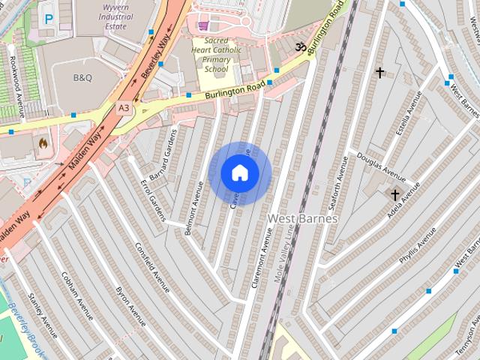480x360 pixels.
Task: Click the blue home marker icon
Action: (239, 173)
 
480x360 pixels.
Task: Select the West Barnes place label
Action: (303, 218)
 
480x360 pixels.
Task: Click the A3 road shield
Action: (123, 108)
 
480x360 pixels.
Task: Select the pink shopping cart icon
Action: (203, 25)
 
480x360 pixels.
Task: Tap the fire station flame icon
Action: (43, 142)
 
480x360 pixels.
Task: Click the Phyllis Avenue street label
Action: (418, 244)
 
